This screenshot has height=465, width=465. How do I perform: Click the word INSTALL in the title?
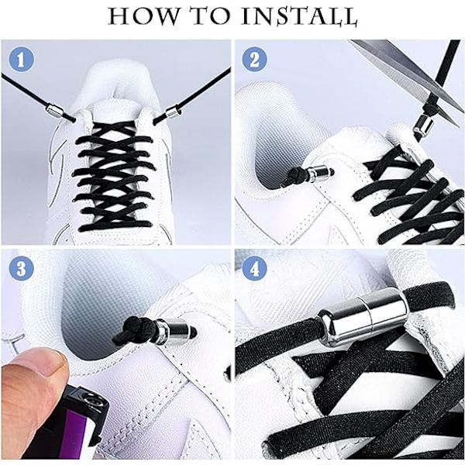pyautogui.click(x=299, y=16)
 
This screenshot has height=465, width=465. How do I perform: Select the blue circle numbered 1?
pyautogui.click(x=21, y=59)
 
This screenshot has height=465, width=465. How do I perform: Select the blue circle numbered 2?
pyautogui.click(x=254, y=59)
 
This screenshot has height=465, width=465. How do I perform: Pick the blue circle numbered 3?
pyautogui.click(x=21, y=269)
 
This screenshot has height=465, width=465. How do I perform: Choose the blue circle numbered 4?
pyautogui.click(x=254, y=269)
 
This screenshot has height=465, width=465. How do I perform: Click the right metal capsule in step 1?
pyautogui.click(x=174, y=112)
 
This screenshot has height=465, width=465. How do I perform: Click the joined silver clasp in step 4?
pyautogui.click(x=364, y=317)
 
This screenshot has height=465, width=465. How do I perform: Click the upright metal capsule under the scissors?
pyautogui.click(x=424, y=125)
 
